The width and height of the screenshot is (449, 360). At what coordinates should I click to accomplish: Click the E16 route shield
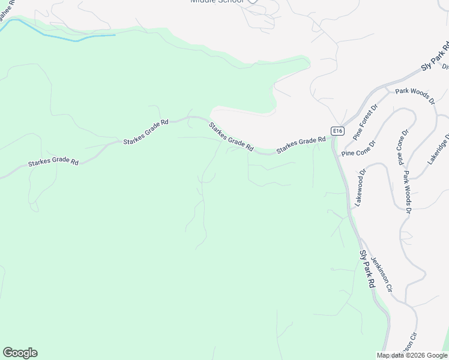pos(338,131)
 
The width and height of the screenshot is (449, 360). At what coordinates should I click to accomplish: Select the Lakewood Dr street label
pos(360,188)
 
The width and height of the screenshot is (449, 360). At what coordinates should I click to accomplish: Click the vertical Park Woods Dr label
pos(407,193)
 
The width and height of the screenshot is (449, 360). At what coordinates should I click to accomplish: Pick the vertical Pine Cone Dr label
pos(402,147)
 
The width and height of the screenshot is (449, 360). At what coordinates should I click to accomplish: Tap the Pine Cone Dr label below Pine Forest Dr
pos(358,149)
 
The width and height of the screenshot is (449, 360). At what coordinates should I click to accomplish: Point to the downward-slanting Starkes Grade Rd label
pos(231,136)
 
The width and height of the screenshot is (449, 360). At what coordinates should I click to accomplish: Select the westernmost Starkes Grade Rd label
pos(53,162)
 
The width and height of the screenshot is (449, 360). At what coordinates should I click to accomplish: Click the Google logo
pos(20,353)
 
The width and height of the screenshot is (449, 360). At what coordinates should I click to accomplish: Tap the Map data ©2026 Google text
pos(412,355)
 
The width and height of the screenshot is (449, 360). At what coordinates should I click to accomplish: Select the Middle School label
pos(217,2)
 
